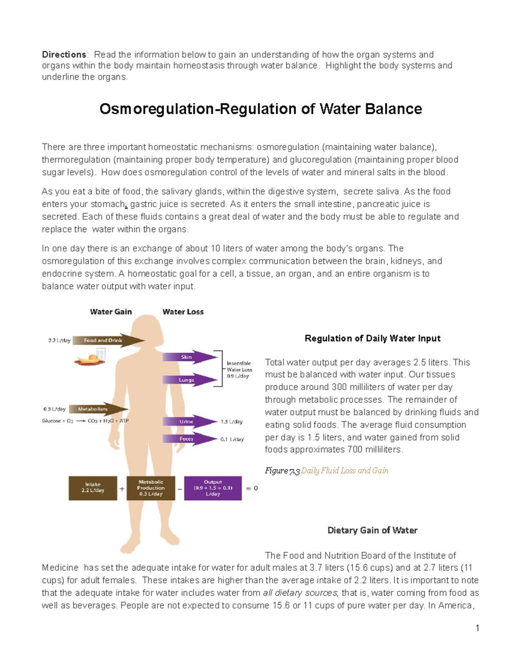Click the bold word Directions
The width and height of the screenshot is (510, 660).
point(64,55)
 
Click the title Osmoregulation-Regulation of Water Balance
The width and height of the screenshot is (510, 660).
point(261,109)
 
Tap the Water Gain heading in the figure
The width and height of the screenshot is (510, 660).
point(111,312)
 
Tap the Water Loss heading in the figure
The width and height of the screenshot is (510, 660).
point(183,312)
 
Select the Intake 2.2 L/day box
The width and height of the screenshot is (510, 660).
point(93,488)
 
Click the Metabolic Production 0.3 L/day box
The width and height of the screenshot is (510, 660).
point(151,488)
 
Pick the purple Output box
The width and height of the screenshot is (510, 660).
point(213,488)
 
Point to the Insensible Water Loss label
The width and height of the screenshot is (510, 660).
point(239,370)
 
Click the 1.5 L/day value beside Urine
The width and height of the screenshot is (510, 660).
point(231,422)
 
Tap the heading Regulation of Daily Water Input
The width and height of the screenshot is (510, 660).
point(372,339)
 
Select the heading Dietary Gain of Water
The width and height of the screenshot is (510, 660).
point(372,530)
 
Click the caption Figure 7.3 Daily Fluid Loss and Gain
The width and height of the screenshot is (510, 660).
point(326,471)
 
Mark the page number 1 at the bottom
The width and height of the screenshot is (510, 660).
point(478,628)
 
